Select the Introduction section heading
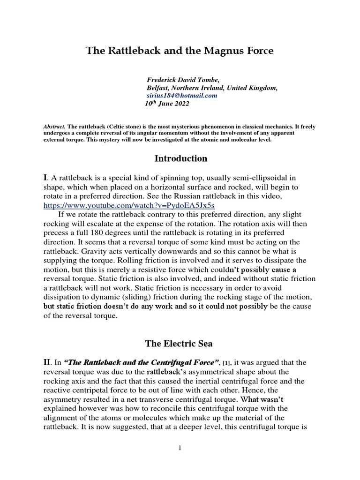coord(180,158)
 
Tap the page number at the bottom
coord(180,449)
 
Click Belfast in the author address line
coord(160,88)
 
